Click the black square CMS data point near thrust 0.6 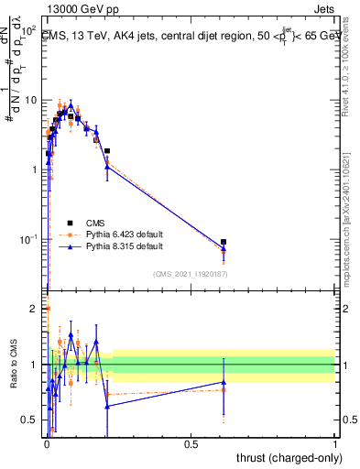click(x=224, y=242)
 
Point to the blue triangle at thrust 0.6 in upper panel click(x=224, y=248)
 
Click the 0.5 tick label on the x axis click(x=191, y=444)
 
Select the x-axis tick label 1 click(x=335, y=444)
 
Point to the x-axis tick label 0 click(x=47, y=444)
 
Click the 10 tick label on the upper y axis click(x=32, y=100)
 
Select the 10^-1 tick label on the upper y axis click(x=29, y=240)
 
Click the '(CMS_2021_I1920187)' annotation click(x=190, y=273)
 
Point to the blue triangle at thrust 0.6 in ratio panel click(x=224, y=382)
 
